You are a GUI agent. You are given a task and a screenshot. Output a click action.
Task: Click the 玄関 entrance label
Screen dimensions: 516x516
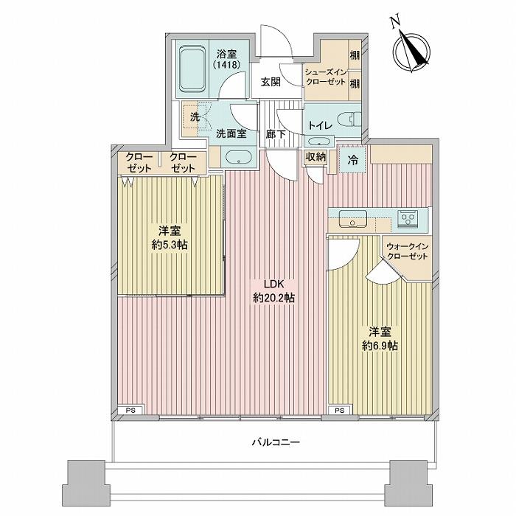(x=271, y=83)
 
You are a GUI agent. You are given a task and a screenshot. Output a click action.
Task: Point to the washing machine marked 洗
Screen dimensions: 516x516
(x=195, y=117)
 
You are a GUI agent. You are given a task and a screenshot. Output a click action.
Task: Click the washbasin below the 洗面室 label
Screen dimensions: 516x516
(x=239, y=158)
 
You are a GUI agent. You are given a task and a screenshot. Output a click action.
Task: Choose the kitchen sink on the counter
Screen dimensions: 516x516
(x=352, y=219)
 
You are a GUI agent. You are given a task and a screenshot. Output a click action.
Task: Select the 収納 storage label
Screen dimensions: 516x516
(x=315, y=156)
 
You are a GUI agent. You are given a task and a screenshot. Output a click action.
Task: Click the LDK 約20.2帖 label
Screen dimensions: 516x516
(x=274, y=292)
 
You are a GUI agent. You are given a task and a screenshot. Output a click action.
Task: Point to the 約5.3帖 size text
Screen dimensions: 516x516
(x=170, y=243)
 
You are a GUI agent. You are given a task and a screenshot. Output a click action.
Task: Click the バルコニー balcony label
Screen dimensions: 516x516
(x=274, y=442)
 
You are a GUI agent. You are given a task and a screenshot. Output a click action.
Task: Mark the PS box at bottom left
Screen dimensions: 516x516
(x=131, y=410)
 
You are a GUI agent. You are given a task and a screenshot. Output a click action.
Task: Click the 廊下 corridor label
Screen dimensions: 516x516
(x=276, y=134)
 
